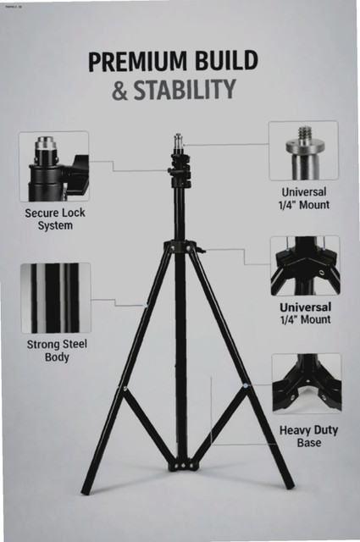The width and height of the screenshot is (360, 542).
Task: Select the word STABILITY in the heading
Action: click(185, 90)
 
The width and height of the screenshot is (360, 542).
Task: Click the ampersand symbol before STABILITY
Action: click(119, 91)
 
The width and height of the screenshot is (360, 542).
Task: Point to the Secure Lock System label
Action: click(55, 219)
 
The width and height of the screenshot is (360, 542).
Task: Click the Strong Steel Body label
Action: click(57, 351)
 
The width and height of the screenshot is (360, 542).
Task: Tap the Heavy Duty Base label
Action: click(309, 436)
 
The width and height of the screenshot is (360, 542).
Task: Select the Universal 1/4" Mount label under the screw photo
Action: click(304, 198)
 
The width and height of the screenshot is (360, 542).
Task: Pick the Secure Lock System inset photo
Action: click(54, 167)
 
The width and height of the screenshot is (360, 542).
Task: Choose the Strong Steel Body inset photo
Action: click(56, 298)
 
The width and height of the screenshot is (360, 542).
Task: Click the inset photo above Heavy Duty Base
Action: click(307, 384)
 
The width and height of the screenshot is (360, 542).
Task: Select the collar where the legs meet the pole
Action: click(180, 246)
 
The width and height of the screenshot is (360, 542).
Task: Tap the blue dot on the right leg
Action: click(245, 384)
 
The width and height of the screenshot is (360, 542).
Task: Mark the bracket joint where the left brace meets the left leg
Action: click(124, 389)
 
